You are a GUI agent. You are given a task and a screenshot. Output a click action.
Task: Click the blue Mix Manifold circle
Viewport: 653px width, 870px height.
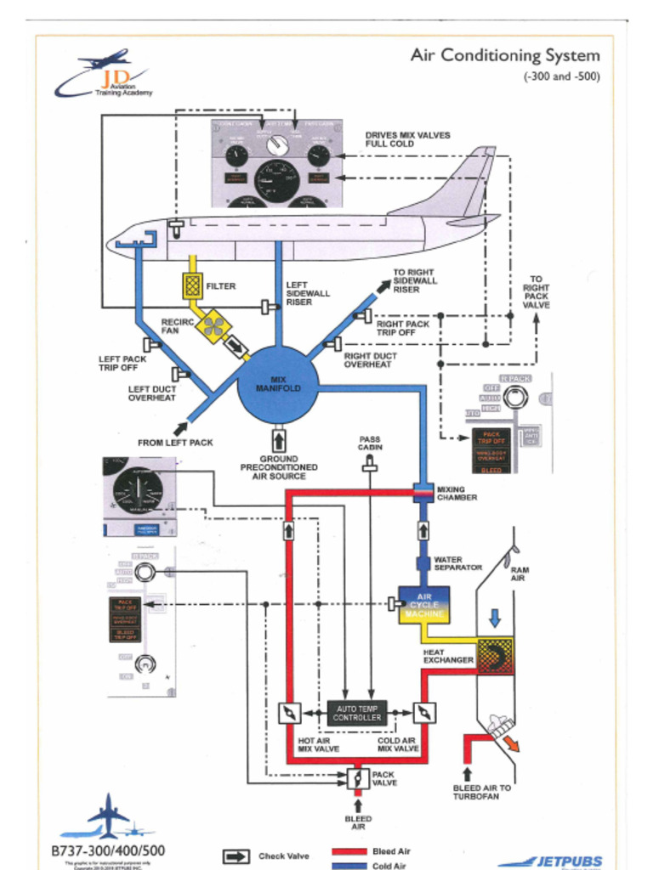(278, 384)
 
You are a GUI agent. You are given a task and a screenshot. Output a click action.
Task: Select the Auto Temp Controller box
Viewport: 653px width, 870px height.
(357, 713)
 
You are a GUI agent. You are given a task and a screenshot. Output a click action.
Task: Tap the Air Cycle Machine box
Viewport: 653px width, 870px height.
(423, 605)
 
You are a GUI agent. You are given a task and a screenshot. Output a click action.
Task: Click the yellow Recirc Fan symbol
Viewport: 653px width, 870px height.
(213, 325)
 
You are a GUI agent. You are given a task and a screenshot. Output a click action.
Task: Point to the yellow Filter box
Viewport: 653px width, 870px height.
(193, 286)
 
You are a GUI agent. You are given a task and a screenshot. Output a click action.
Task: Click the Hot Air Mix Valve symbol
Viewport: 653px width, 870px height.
(289, 713)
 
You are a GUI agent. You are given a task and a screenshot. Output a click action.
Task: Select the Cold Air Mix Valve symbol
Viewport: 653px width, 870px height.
(425, 713)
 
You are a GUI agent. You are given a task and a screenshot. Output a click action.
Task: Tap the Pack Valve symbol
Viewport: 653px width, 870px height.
(358, 777)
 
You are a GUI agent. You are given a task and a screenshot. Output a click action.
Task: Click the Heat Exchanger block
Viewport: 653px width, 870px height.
(495, 655)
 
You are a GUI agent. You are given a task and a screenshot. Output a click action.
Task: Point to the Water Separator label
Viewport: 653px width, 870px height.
(458, 563)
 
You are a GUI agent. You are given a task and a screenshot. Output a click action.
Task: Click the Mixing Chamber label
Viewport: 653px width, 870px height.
(457, 494)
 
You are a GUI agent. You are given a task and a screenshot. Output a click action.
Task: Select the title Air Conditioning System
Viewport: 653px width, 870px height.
(505, 56)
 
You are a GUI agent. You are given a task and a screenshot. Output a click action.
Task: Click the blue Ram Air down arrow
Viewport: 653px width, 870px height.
(495, 617)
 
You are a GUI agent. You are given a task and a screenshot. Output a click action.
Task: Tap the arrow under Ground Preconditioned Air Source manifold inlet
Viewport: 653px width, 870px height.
(278, 441)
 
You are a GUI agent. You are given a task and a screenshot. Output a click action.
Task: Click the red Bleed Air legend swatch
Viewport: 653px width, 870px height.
(348, 851)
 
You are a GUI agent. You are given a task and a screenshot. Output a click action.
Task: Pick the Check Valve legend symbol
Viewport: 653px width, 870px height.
(236, 856)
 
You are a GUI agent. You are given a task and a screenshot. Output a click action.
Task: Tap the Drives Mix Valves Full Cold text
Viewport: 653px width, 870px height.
(407, 139)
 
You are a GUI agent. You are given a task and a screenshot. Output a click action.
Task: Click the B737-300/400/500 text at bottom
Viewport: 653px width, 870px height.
(108, 850)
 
